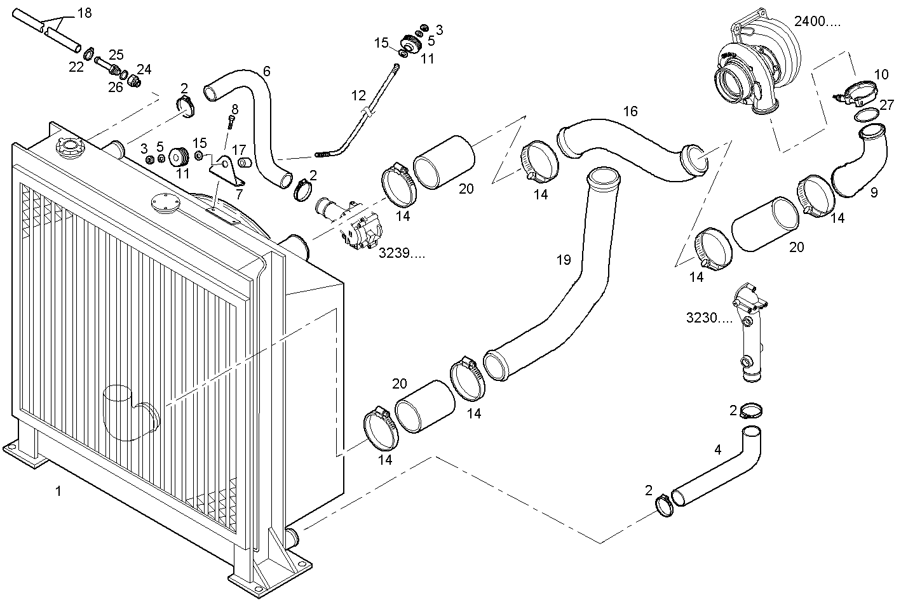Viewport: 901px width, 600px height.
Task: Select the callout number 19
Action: (x=564, y=260)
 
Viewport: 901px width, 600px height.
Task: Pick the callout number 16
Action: (x=630, y=111)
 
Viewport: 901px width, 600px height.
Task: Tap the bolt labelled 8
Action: (x=231, y=121)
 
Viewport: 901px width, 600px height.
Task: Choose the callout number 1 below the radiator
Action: (x=58, y=491)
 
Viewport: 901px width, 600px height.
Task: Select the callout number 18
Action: (x=85, y=13)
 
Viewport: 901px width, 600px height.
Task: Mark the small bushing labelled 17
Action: (x=244, y=163)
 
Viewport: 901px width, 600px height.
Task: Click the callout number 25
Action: (x=116, y=55)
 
